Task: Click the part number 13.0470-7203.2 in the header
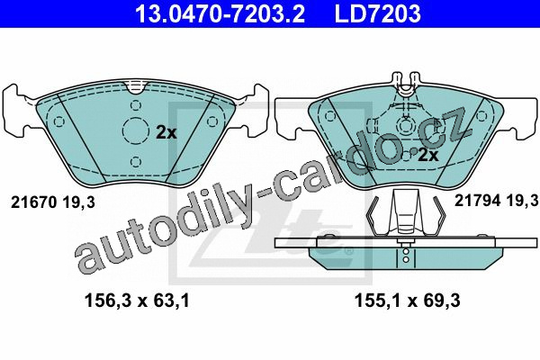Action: (x=220, y=13)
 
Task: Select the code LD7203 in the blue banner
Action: (x=377, y=13)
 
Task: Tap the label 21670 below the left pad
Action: (x=33, y=202)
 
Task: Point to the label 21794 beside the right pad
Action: (x=478, y=200)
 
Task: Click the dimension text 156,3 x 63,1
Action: (x=137, y=301)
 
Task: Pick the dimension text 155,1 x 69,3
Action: (x=408, y=301)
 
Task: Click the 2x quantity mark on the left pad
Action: (x=166, y=132)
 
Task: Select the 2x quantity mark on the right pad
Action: (x=427, y=156)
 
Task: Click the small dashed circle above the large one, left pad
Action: (x=136, y=105)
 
